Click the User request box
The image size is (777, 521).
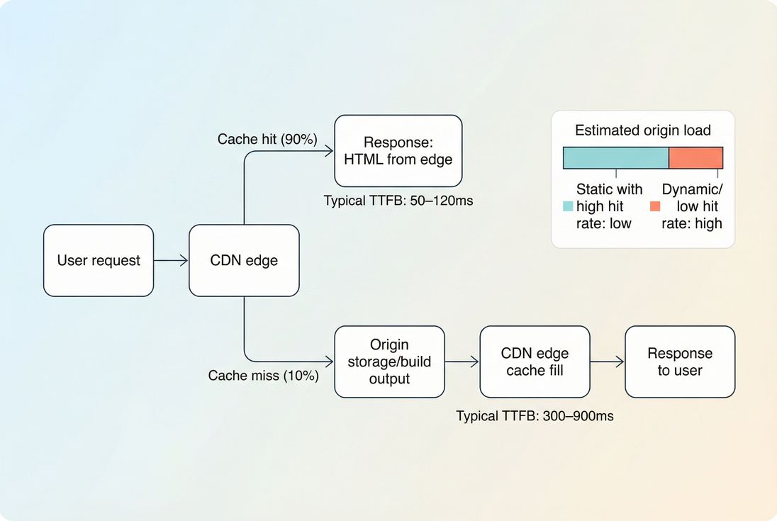[x=99, y=260]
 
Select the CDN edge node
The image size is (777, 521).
[x=244, y=260]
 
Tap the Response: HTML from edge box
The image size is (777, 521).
[x=398, y=150]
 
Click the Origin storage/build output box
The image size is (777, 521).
[x=389, y=362]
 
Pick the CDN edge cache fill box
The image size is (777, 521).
[x=535, y=362]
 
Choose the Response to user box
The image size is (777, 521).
[x=680, y=362]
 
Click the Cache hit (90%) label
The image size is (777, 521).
[x=267, y=139]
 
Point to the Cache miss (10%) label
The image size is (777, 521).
[x=263, y=376]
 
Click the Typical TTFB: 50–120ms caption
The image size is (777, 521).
[x=398, y=201]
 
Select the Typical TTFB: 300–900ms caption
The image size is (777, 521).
[x=535, y=416]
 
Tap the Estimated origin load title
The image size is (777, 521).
[x=642, y=130]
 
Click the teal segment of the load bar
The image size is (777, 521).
[x=616, y=157]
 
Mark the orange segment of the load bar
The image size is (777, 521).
[x=695, y=157]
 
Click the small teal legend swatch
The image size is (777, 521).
[x=568, y=206]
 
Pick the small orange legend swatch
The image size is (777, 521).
[x=655, y=206]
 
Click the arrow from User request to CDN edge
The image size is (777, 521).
[x=171, y=260]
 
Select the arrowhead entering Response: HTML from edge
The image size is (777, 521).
[x=329, y=150]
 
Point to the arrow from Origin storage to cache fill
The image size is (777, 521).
[x=462, y=362]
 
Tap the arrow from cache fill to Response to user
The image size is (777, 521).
[x=608, y=362]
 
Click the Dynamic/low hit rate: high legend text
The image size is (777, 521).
[x=691, y=206]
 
